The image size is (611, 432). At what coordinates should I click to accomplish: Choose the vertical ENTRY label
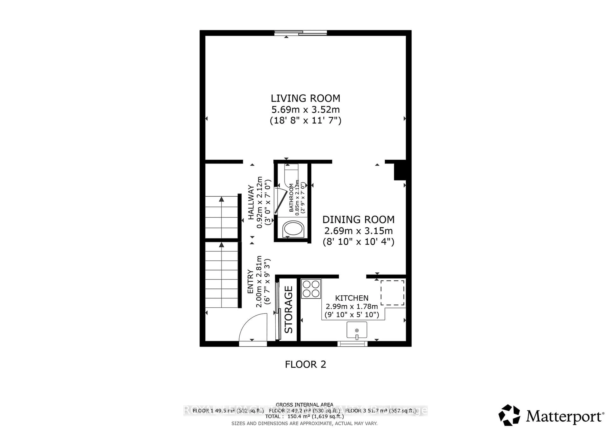(250, 281)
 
